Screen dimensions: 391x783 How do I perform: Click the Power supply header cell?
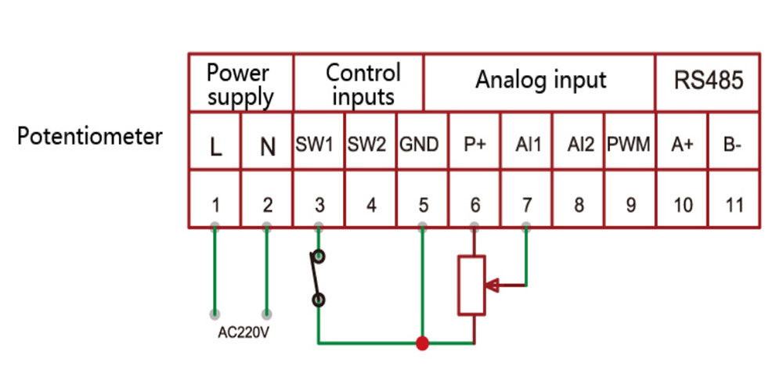[x=240, y=84]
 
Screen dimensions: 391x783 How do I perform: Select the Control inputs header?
[x=359, y=84]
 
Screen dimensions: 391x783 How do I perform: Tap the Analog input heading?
[x=540, y=81]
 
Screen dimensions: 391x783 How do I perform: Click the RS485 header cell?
[x=708, y=81]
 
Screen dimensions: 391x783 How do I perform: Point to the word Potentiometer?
[x=90, y=136]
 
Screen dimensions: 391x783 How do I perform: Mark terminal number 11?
[x=734, y=206]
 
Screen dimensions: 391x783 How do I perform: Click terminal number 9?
[x=630, y=206]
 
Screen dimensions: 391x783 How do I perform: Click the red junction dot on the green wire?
[x=423, y=343]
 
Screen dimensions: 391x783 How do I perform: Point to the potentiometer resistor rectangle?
[x=473, y=285]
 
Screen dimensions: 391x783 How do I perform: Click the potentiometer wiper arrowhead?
[x=493, y=285]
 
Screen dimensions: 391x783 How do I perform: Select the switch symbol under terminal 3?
[x=316, y=277]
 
